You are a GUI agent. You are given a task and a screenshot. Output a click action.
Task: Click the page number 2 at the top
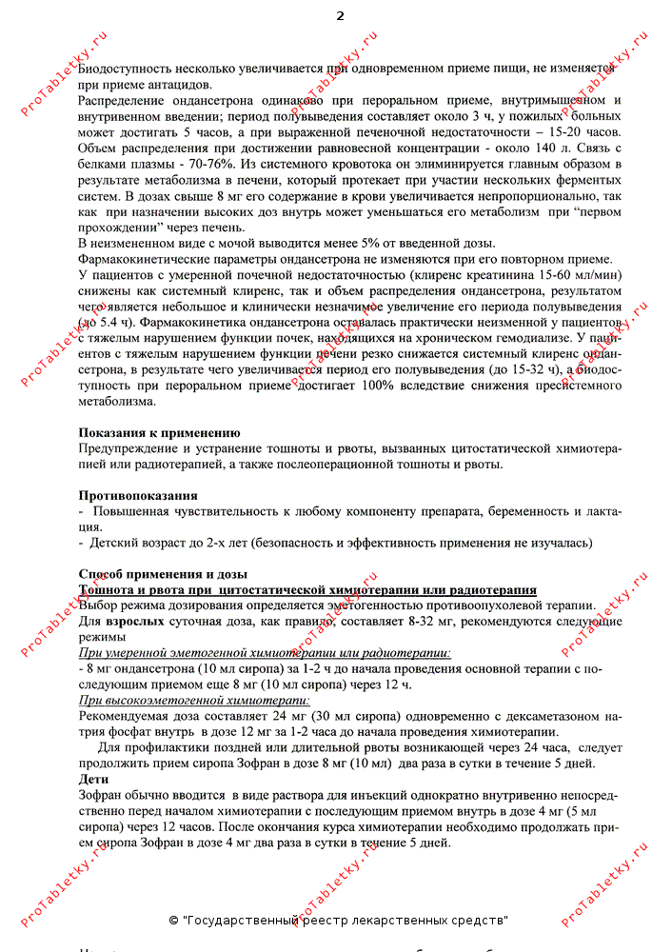pos(340,15)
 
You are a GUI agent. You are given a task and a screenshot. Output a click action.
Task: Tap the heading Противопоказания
pos(138,496)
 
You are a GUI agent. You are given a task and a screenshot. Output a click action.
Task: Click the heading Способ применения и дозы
pos(163,574)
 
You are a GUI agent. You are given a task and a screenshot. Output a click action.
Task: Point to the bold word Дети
pos(93,779)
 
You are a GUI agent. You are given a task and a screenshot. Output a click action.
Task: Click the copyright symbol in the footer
pos(173,921)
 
